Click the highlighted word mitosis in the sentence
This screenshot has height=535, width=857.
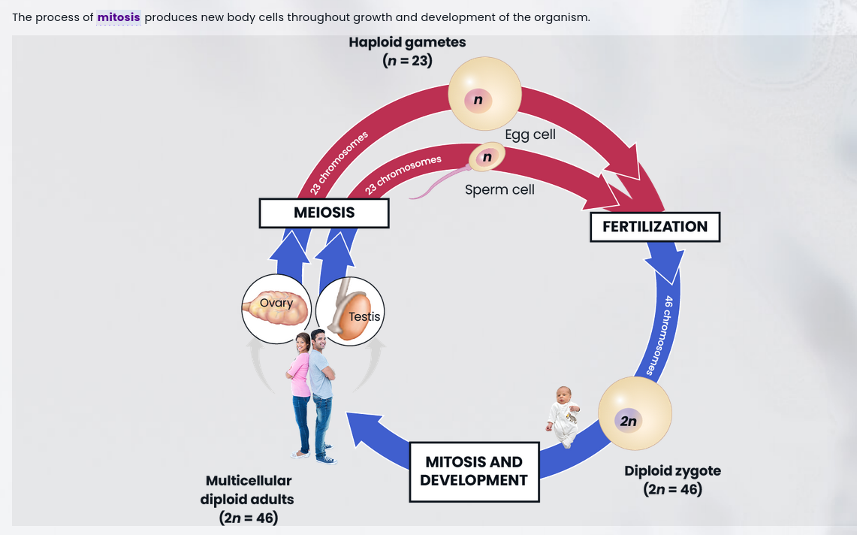tap(119, 17)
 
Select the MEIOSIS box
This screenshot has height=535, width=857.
tap(324, 213)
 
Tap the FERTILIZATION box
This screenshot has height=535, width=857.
tap(654, 227)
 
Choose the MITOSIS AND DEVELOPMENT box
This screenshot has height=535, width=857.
tap(474, 471)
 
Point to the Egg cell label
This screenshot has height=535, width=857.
tap(530, 135)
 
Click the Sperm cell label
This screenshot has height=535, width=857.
tap(499, 189)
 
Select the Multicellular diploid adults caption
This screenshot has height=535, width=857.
tap(248, 498)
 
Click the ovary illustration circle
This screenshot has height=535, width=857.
tap(276, 309)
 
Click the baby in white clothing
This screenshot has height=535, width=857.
tap(564, 415)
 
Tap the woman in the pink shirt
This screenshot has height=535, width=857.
tap(300, 391)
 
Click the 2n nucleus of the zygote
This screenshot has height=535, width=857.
tap(628, 421)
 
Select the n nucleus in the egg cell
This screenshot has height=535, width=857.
tap(478, 99)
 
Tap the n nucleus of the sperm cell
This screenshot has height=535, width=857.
tap(487, 157)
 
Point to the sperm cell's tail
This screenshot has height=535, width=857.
tap(439, 186)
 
